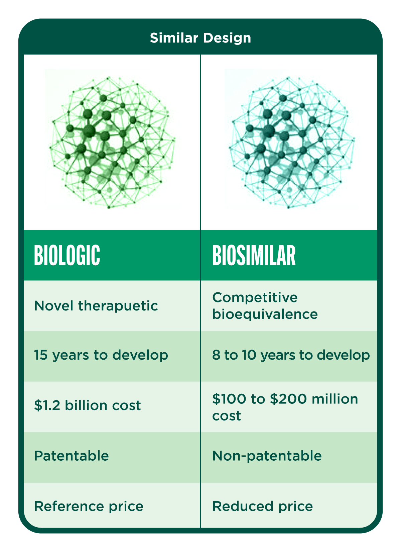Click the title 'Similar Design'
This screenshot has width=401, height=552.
coord(200,38)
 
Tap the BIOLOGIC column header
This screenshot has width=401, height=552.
coord(67,255)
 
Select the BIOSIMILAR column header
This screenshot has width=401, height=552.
coord(254,255)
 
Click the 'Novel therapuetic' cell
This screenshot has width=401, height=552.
coord(96,306)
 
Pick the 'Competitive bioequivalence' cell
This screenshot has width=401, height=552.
coord(265,306)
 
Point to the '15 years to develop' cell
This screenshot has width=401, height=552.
coord(101,355)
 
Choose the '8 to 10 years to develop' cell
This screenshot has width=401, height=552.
coord(291,355)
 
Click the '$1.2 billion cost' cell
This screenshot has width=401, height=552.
coord(87,405)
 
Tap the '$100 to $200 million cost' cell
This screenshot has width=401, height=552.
coord(285,407)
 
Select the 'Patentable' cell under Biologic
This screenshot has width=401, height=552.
coord(72,456)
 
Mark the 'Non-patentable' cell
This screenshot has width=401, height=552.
coord(267,456)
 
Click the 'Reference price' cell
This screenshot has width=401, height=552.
coord(89,506)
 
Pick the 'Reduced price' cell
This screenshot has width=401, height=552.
coord(262,506)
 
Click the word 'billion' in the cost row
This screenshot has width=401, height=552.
coord(86,405)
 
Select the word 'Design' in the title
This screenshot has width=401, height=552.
coord(227,38)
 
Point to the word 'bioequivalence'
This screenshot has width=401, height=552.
coord(265,314)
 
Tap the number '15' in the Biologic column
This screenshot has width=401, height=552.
coord(41,355)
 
